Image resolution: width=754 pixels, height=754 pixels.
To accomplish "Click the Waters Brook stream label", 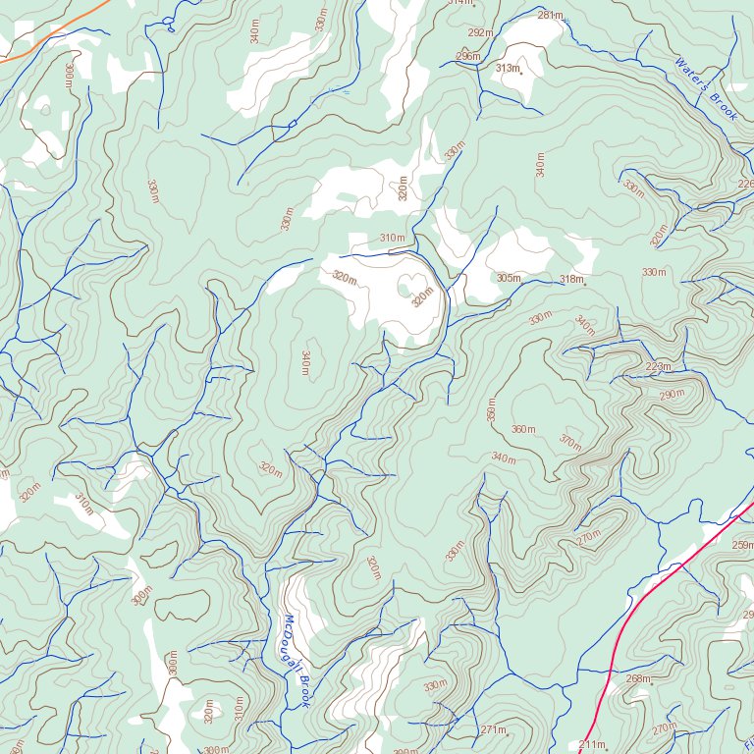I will pos(705,89).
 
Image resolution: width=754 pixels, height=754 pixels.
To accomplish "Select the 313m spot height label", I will pos(507,68).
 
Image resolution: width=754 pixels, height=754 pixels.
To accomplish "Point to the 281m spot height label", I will pos(550,15).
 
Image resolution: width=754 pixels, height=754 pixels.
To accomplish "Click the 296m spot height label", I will pos(468,56).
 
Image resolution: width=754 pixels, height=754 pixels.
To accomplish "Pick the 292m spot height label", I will pos(480,32).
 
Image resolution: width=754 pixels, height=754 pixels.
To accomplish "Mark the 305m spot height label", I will pos(508,278).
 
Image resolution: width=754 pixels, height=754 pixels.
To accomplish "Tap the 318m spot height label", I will pos(571,280).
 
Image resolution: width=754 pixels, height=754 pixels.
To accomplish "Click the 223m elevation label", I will pos(658,366).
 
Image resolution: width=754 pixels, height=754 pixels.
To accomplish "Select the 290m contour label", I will pos(672,395).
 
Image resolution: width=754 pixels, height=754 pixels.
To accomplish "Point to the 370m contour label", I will pos(569,442).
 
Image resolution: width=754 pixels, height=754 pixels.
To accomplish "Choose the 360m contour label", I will pos(523,429).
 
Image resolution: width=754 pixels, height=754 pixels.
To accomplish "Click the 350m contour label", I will pos(492,408).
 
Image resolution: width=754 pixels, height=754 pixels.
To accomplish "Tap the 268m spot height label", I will pos(637,678).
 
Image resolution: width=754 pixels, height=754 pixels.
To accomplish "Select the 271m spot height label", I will pos(493,729).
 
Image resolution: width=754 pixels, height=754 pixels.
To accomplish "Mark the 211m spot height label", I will pos(592,745).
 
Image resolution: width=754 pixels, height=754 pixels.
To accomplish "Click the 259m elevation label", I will pos(742,545).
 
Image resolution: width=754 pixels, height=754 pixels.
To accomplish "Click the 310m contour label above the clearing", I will pos(392,238).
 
